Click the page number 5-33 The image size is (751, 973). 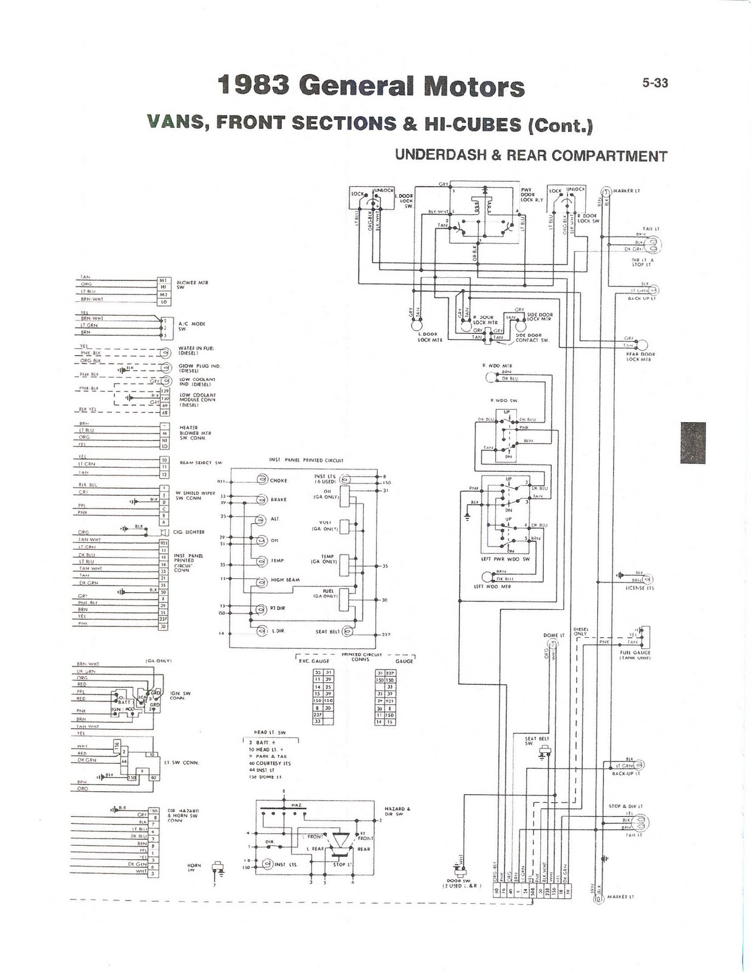655,83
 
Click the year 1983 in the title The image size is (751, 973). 255,86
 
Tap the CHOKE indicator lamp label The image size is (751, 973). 278,480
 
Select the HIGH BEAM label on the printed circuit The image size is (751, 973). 285,580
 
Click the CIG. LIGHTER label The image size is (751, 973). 189,532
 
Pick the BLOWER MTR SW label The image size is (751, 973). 192,285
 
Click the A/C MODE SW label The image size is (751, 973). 192,326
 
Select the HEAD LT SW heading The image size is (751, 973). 269,732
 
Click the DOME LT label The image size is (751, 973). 554,635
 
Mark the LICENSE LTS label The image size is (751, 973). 640,588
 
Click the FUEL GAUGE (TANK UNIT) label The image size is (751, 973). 634,656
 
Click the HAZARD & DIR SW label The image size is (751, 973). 397,811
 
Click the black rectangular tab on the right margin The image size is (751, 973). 693,442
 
